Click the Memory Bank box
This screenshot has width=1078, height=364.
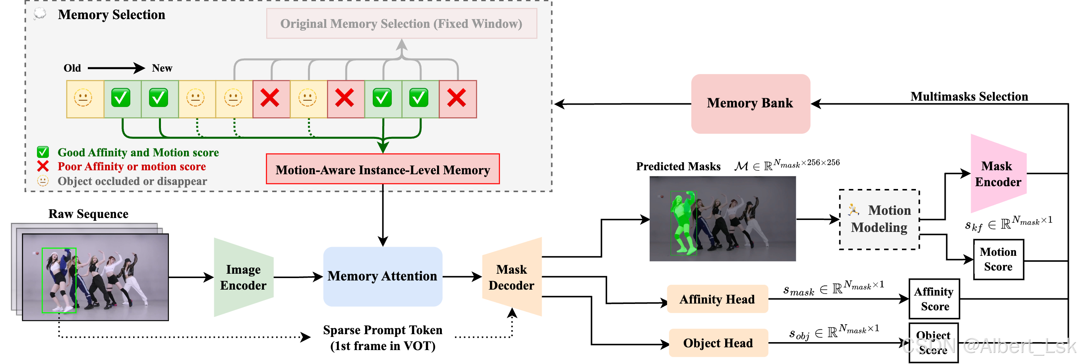[750, 103]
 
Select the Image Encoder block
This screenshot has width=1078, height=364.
[243, 277]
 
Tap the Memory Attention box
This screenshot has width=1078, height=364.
[382, 276]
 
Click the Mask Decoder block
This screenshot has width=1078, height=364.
[512, 277]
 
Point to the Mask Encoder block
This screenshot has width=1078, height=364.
[998, 174]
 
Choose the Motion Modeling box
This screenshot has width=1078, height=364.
[879, 219]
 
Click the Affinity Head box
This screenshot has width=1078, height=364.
[717, 299]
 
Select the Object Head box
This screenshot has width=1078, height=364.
[718, 343]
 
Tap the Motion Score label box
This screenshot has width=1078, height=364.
[998, 259]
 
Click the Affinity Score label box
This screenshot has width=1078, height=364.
[934, 299]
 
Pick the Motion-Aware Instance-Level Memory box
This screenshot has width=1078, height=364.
[383, 169]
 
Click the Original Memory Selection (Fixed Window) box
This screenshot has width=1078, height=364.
[401, 23]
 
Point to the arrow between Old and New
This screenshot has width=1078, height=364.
[116, 68]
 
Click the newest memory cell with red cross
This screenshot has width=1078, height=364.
[457, 99]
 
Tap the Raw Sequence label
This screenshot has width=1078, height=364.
[88, 213]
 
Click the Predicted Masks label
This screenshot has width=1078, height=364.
[678, 166]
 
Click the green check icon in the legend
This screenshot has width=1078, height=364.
[43, 152]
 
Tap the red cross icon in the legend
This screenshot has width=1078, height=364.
[43, 166]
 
